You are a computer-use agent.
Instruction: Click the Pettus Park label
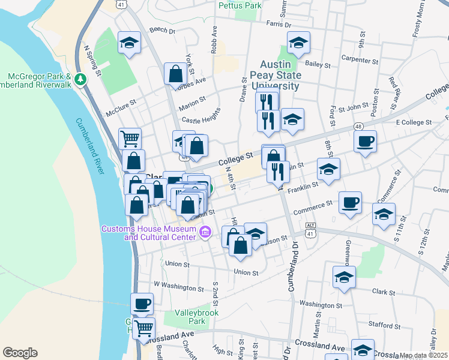240,5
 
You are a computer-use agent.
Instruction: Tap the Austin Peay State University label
280,76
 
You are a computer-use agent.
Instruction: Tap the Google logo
20,353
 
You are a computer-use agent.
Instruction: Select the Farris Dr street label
279,25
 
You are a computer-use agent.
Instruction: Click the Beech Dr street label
162,30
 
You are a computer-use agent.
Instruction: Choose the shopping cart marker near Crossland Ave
144,328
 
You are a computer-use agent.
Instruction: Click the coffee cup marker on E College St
365,142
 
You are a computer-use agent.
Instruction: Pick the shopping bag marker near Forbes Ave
175,74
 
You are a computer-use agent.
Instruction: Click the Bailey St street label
318,64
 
